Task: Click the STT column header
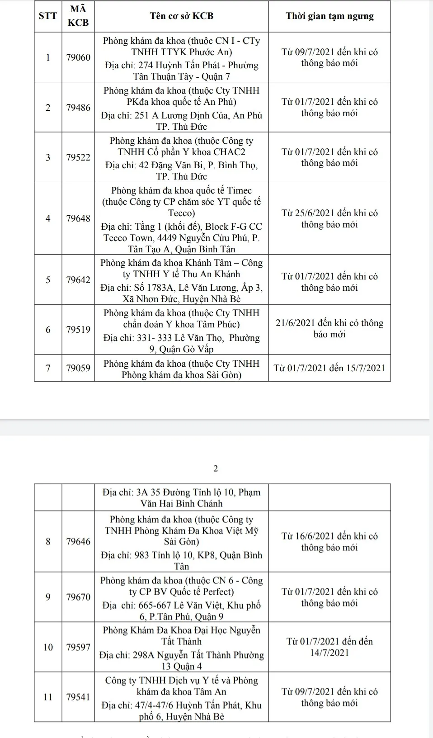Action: pos(48,16)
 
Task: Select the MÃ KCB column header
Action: pos(78,16)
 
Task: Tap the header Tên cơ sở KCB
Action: pos(181,16)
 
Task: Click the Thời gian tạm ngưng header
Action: pos(329,16)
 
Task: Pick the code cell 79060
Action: pos(78,57)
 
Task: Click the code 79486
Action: pos(78,108)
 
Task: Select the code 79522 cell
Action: pos(78,157)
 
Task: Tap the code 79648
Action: pos(78,218)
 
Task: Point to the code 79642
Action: pos(78,280)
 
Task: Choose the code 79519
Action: pos(78,330)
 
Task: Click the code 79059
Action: pos(78,368)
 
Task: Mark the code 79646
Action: pos(78,541)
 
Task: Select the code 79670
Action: pos(78,597)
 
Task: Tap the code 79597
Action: pos(78,647)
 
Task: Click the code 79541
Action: pos(78,697)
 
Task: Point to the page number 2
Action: pos(216,468)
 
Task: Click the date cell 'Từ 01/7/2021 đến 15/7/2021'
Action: pos(329,368)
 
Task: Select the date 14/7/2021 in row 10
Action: pos(329,653)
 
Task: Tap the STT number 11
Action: pos(48,697)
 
